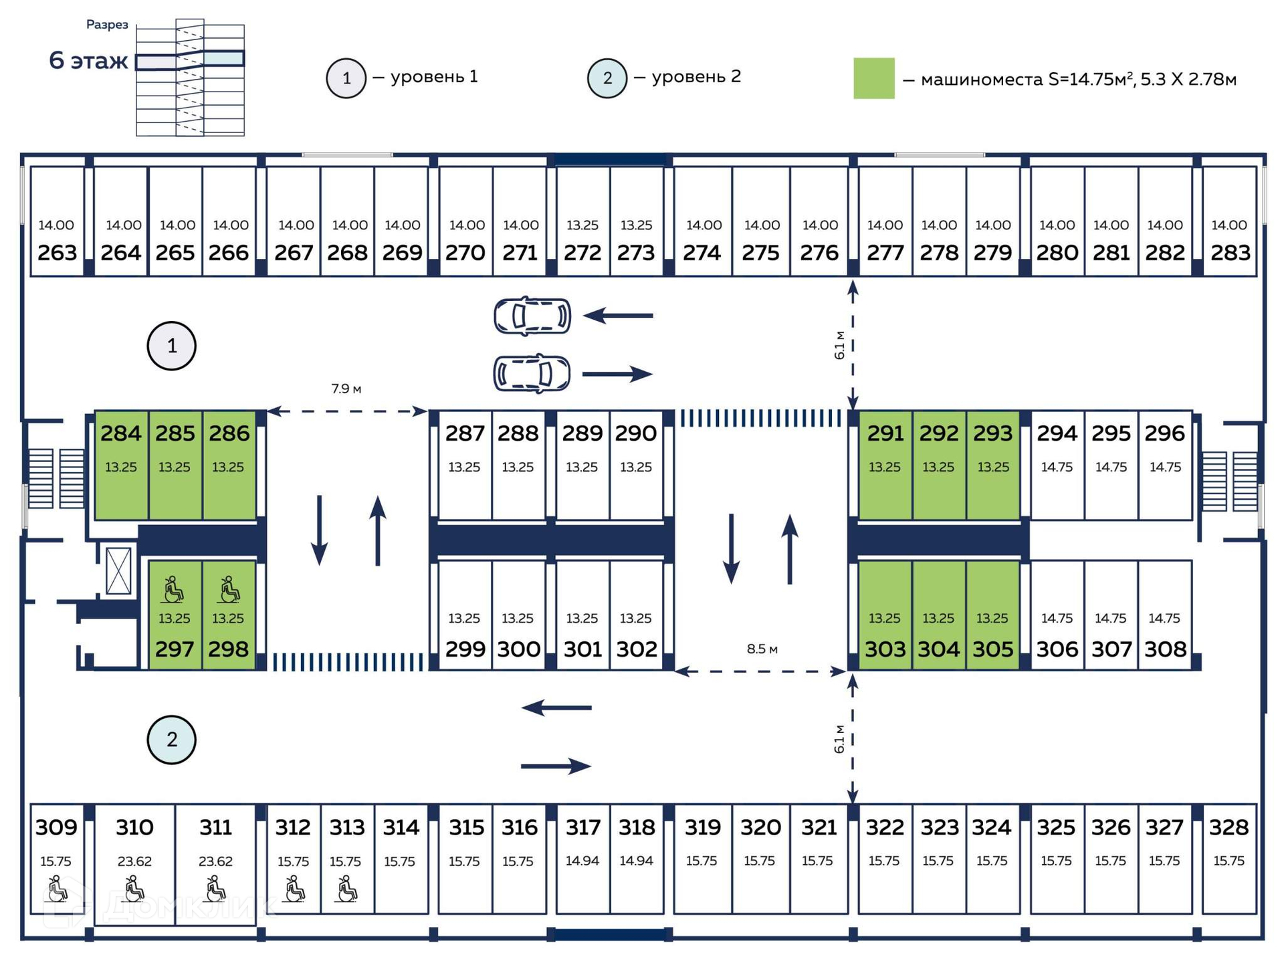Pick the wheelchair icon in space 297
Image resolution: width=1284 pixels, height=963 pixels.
pyautogui.click(x=174, y=589)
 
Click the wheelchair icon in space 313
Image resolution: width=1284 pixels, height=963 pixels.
pyautogui.click(x=346, y=890)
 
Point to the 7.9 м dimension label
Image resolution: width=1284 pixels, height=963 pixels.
pyautogui.click(x=346, y=389)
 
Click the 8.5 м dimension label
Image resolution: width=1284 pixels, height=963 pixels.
pyautogui.click(x=762, y=649)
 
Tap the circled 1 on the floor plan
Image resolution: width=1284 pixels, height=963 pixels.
pyautogui.click(x=172, y=346)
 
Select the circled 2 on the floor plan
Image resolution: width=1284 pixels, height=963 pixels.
pyautogui.click(x=172, y=740)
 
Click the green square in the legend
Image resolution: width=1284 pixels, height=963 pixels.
pyautogui.click(x=873, y=79)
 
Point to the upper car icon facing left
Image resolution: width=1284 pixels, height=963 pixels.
pyautogui.click(x=532, y=316)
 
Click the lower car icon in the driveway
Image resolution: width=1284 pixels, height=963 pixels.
pyautogui.click(x=532, y=373)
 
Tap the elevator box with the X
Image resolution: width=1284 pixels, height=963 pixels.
pyautogui.click(x=118, y=570)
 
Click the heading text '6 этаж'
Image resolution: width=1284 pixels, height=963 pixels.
pyautogui.click(x=88, y=61)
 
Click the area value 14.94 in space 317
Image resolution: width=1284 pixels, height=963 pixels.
pyautogui.click(x=582, y=861)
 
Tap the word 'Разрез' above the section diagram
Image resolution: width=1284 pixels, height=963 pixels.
pyautogui.click(x=107, y=25)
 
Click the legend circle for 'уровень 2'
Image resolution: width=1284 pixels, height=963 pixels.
pyautogui.click(x=607, y=78)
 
